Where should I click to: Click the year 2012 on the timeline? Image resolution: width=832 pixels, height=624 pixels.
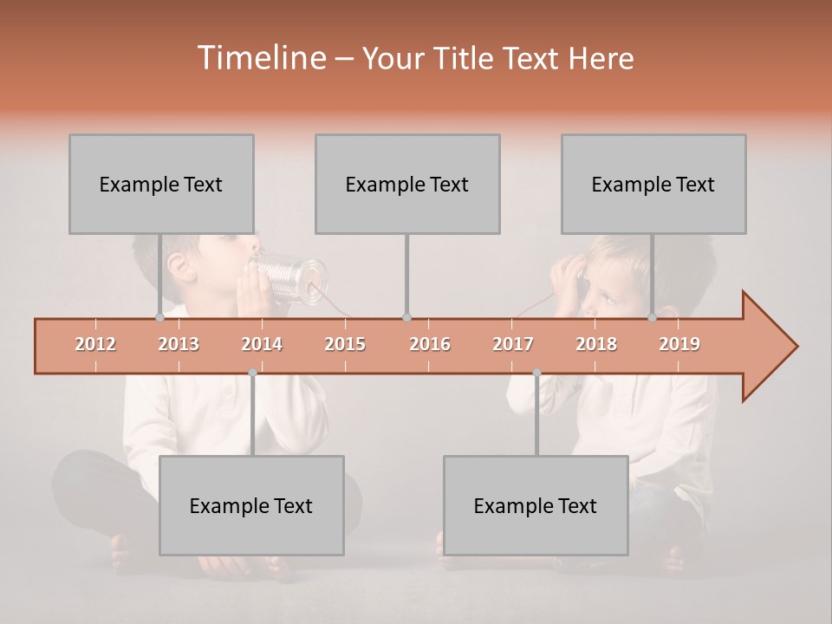point(95,344)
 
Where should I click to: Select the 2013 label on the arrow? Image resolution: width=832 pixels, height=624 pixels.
point(179,344)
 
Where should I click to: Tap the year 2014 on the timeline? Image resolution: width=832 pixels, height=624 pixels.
point(262,344)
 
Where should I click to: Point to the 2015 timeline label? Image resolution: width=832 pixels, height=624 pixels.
point(345,344)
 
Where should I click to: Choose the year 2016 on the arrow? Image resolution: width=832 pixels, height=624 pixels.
point(430,344)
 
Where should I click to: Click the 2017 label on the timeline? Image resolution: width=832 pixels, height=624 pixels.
point(513,344)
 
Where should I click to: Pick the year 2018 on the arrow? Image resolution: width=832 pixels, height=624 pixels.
point(596,344)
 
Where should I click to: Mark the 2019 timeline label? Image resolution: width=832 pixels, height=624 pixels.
point(679,344)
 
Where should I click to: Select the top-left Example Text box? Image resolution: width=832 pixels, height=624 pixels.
point(161,184)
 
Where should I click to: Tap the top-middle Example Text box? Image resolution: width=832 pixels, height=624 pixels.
point(407,184)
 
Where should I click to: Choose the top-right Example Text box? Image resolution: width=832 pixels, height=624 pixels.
point(653,184)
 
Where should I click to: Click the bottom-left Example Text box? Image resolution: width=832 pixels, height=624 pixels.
point(251,505)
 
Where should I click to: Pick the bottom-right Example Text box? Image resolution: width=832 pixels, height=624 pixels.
point(536,505)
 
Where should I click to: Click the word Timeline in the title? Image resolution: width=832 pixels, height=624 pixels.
point(260,58)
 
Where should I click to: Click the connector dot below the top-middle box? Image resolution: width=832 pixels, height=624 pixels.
point(406,318)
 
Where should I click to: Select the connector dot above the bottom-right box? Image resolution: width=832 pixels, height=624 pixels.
point(536,373)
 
